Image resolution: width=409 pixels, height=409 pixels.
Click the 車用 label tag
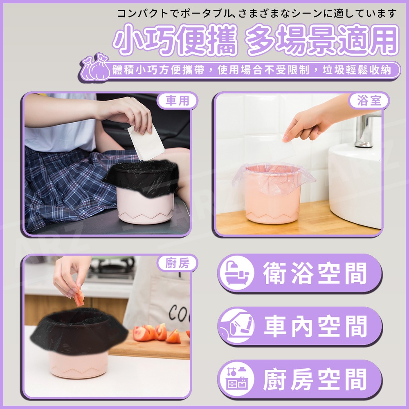click(177, 101)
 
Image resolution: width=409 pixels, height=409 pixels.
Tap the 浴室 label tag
click(369, 101)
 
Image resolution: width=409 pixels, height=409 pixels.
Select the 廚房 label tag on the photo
click(177, 263)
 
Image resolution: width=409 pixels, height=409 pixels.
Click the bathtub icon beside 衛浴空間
click(236, 273)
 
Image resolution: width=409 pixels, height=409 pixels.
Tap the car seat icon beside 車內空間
click(236, 326)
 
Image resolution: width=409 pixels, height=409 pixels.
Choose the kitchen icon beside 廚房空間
click(236, 379)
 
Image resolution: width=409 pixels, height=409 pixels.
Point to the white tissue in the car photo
click(146, 142)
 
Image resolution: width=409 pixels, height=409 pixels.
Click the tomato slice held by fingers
click(79, 298)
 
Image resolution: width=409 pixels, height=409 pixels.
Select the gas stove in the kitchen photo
click(112, 269)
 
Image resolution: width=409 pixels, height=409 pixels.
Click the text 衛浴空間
click(315, 273)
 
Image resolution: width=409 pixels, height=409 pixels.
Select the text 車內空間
click(315, 326)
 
